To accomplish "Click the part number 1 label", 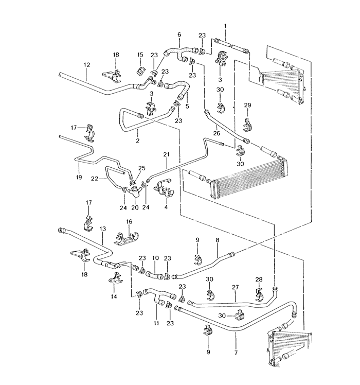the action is [x=225, y=26].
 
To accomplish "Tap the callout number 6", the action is [x=179, y=34].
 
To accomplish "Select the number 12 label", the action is [x=86, y=65].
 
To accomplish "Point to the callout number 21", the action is [x=167, y=154].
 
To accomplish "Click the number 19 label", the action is [x=79, y=177].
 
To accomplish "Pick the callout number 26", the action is [x=217, y=133].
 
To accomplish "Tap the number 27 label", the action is [x=235, y=287].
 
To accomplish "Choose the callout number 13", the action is [x=103, y=229].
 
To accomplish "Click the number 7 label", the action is [x=236, y=353].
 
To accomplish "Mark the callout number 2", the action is [x=137, y=141].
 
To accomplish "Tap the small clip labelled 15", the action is [x=140, y=70].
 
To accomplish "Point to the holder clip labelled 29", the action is [x=247, y=125].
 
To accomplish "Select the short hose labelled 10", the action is [x=155, y=275].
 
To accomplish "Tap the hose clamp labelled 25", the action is [x=133, y=182].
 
